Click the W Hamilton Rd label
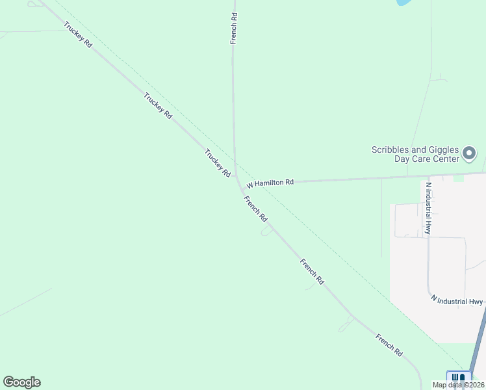click(270, 183)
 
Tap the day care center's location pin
click(470, 154)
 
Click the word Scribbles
click(392, 149)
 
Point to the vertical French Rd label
click(234, 27)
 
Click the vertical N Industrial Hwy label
click(428, 207)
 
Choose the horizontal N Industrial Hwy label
click(457, 301)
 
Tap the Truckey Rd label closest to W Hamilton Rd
click(218, 164)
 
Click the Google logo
click(21, 382)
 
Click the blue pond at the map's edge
click(403, 3)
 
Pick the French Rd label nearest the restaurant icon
click(389, 345)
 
